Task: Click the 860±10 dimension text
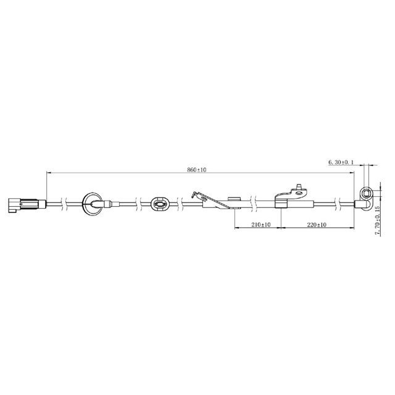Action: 196,170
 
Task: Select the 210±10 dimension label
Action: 260,225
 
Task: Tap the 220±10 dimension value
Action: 317,225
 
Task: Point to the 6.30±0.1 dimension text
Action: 341,162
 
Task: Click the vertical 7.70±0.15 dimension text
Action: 377,220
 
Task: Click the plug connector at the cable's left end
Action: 27,203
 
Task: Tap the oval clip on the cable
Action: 159,203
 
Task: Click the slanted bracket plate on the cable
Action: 212,201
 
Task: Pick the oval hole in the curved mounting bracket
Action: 299,193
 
